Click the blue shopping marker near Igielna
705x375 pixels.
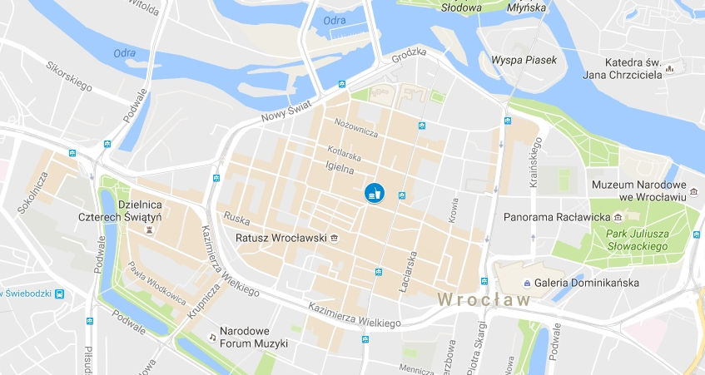(x=374, y=192)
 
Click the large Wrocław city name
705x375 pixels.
(x=484, y=299)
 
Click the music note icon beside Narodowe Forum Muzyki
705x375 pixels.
(x=212, y=337)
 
